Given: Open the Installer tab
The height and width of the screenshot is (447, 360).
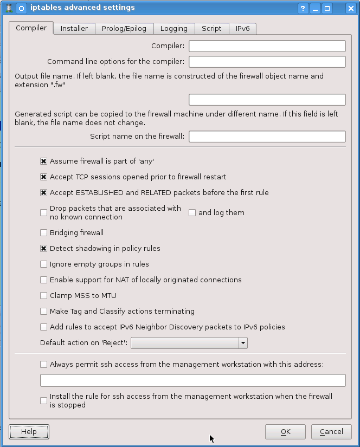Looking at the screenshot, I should pos(74,29).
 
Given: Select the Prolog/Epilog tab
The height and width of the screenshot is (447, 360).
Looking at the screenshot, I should pos(124,29).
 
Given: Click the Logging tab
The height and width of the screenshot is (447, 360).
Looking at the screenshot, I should pos(174,29).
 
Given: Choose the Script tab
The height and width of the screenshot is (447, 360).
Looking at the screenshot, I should pos(211,29).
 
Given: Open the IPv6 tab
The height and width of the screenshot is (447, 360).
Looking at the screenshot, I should pos(242,29).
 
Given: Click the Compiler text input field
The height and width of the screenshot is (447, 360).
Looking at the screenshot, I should pos(267,46).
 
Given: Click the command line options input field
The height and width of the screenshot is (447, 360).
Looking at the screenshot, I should pos(267,62).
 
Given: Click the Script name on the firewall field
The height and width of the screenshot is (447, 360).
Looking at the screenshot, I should pos(267,137).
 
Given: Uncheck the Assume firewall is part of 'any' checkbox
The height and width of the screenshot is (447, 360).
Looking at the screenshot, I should pos(44,161).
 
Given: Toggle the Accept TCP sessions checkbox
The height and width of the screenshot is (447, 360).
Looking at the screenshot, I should pos(44,177).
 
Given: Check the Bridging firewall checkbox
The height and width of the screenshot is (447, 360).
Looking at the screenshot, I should pos(44,233).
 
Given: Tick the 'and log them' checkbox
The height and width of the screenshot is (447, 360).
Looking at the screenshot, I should pos(192,213).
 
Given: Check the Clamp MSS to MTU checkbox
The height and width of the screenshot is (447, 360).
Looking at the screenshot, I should pos(44,296).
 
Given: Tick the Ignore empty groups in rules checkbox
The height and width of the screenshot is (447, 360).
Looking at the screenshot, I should pos(44,264).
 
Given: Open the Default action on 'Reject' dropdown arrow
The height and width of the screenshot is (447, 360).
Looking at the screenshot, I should pos(243,343).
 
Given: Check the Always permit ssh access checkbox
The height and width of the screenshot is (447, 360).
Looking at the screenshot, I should pos(44,365).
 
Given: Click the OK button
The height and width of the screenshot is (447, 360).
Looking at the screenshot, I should pos(286,432).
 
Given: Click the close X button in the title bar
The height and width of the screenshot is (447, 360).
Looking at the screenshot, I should pos(351,8).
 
